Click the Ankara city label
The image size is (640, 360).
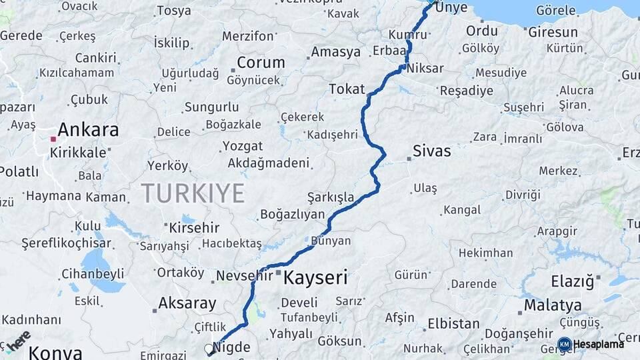coord(88,129)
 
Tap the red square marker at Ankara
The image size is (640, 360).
coord(53,139)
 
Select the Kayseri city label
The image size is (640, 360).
coord(315,277)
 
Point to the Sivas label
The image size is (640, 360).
coord(431,151)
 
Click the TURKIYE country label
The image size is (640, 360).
coord(193,193)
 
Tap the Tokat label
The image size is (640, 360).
coord(347,89)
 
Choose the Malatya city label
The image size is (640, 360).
coord(552,305)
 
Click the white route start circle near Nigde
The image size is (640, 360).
coord(209,349)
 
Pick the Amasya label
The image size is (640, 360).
coord(335,51)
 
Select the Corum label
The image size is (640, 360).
coord(261,63)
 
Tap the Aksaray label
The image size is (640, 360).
coord(187,304)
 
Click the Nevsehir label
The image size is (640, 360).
coord(245,275)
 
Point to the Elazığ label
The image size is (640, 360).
coord(572,281)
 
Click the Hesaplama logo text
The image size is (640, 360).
coord(599,344)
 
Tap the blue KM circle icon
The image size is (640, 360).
coord(564,344)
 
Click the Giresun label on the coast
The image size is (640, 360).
coord(553,32)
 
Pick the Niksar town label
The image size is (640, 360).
coord(424,68)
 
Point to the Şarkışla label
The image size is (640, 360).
coord(330,197)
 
